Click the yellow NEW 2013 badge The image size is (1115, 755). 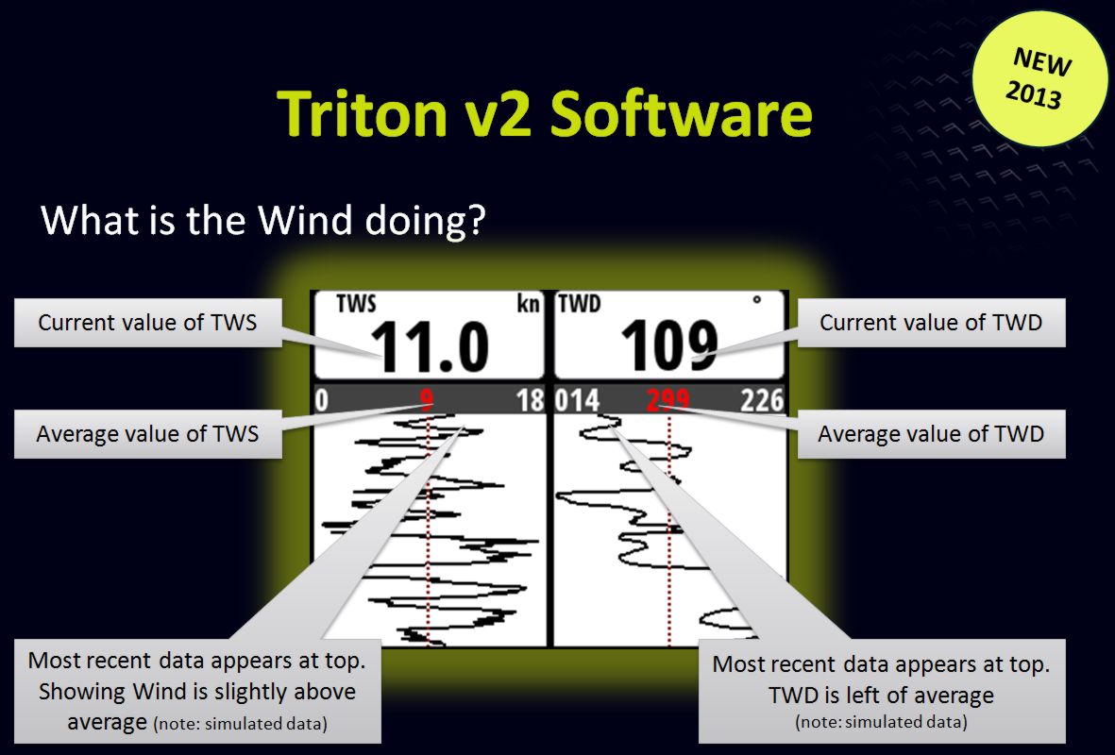point(1039,78)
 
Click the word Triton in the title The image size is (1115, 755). point(362,113)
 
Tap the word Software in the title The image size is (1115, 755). point(681,113)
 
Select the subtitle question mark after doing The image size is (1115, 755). point(477,220)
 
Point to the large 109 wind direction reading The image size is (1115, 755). point(669,345)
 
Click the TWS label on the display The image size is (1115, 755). point(356,304)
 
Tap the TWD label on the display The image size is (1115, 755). point(580,304)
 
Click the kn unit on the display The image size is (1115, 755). point(529,304)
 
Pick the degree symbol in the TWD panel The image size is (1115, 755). point(756,300)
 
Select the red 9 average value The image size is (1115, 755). point(426,400)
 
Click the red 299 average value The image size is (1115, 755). point(667,400)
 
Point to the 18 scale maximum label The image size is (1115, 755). point(531,400)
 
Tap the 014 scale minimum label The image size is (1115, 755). point(578,400)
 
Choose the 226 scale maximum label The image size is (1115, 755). point(762,400)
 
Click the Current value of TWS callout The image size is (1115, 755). point(148,323)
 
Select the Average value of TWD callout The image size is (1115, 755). point(932,434)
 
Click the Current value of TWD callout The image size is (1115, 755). point(932,323)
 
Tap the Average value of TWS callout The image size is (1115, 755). point(148,434)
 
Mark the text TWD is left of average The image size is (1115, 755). point(881,695)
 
